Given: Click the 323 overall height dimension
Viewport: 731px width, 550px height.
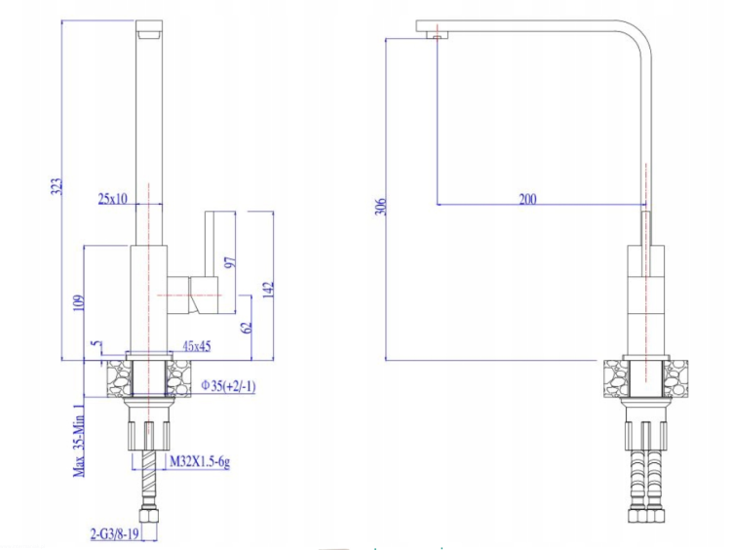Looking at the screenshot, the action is click(56, 186).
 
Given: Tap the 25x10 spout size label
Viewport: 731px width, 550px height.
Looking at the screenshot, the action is click(112, 199).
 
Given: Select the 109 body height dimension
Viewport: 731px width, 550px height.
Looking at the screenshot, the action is click(79, 302).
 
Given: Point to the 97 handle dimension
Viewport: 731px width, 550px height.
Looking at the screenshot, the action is click(231, 262).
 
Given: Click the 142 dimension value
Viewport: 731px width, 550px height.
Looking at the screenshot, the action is click(268, 290).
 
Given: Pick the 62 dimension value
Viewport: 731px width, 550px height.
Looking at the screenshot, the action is click(248, 328).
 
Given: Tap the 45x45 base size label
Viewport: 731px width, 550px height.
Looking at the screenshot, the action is click(197, 346).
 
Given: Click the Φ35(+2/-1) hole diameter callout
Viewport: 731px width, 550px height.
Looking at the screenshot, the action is click(228, 386).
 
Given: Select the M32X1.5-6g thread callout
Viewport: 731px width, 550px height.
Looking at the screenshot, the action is click(200, 462).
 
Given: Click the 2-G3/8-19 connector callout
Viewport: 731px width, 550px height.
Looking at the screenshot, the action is click(115, 533).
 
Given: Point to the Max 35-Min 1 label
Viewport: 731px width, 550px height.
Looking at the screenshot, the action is click(79, 440).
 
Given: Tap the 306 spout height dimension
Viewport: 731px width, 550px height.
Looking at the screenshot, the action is click(381, 207).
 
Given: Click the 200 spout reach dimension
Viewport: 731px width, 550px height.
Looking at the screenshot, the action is click(527, 199).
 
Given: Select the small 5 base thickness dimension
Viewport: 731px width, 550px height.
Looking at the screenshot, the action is click(96, 344).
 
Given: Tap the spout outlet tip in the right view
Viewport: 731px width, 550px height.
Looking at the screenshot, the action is click(437, 35).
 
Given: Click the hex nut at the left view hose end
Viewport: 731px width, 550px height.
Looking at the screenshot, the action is click(149, 517).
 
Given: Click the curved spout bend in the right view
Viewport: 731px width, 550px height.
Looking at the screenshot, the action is click(637, 39).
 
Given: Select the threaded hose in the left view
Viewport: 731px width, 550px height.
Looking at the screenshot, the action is click(149, 479).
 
